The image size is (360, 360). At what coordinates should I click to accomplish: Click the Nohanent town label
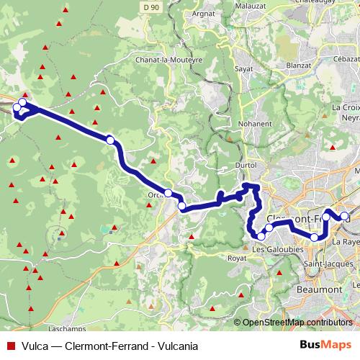256,123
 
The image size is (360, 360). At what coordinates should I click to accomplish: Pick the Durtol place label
246,166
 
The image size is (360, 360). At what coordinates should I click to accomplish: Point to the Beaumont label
319,289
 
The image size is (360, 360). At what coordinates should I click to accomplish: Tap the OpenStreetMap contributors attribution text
297,323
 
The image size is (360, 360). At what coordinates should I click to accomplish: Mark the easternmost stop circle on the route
345,217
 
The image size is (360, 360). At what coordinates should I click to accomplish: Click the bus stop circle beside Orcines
168,193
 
